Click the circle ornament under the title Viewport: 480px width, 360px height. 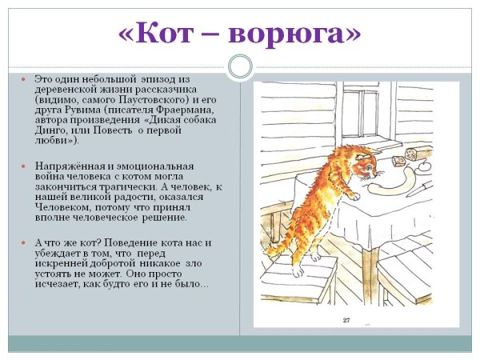click(x=240, y=66)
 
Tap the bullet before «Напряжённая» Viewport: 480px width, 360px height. click(x=23, y=166)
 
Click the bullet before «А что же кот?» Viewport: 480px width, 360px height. click(x=23, y=243)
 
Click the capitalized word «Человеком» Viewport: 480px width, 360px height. click(x=63, y=207)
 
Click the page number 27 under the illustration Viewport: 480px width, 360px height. click(x=346, y=321)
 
